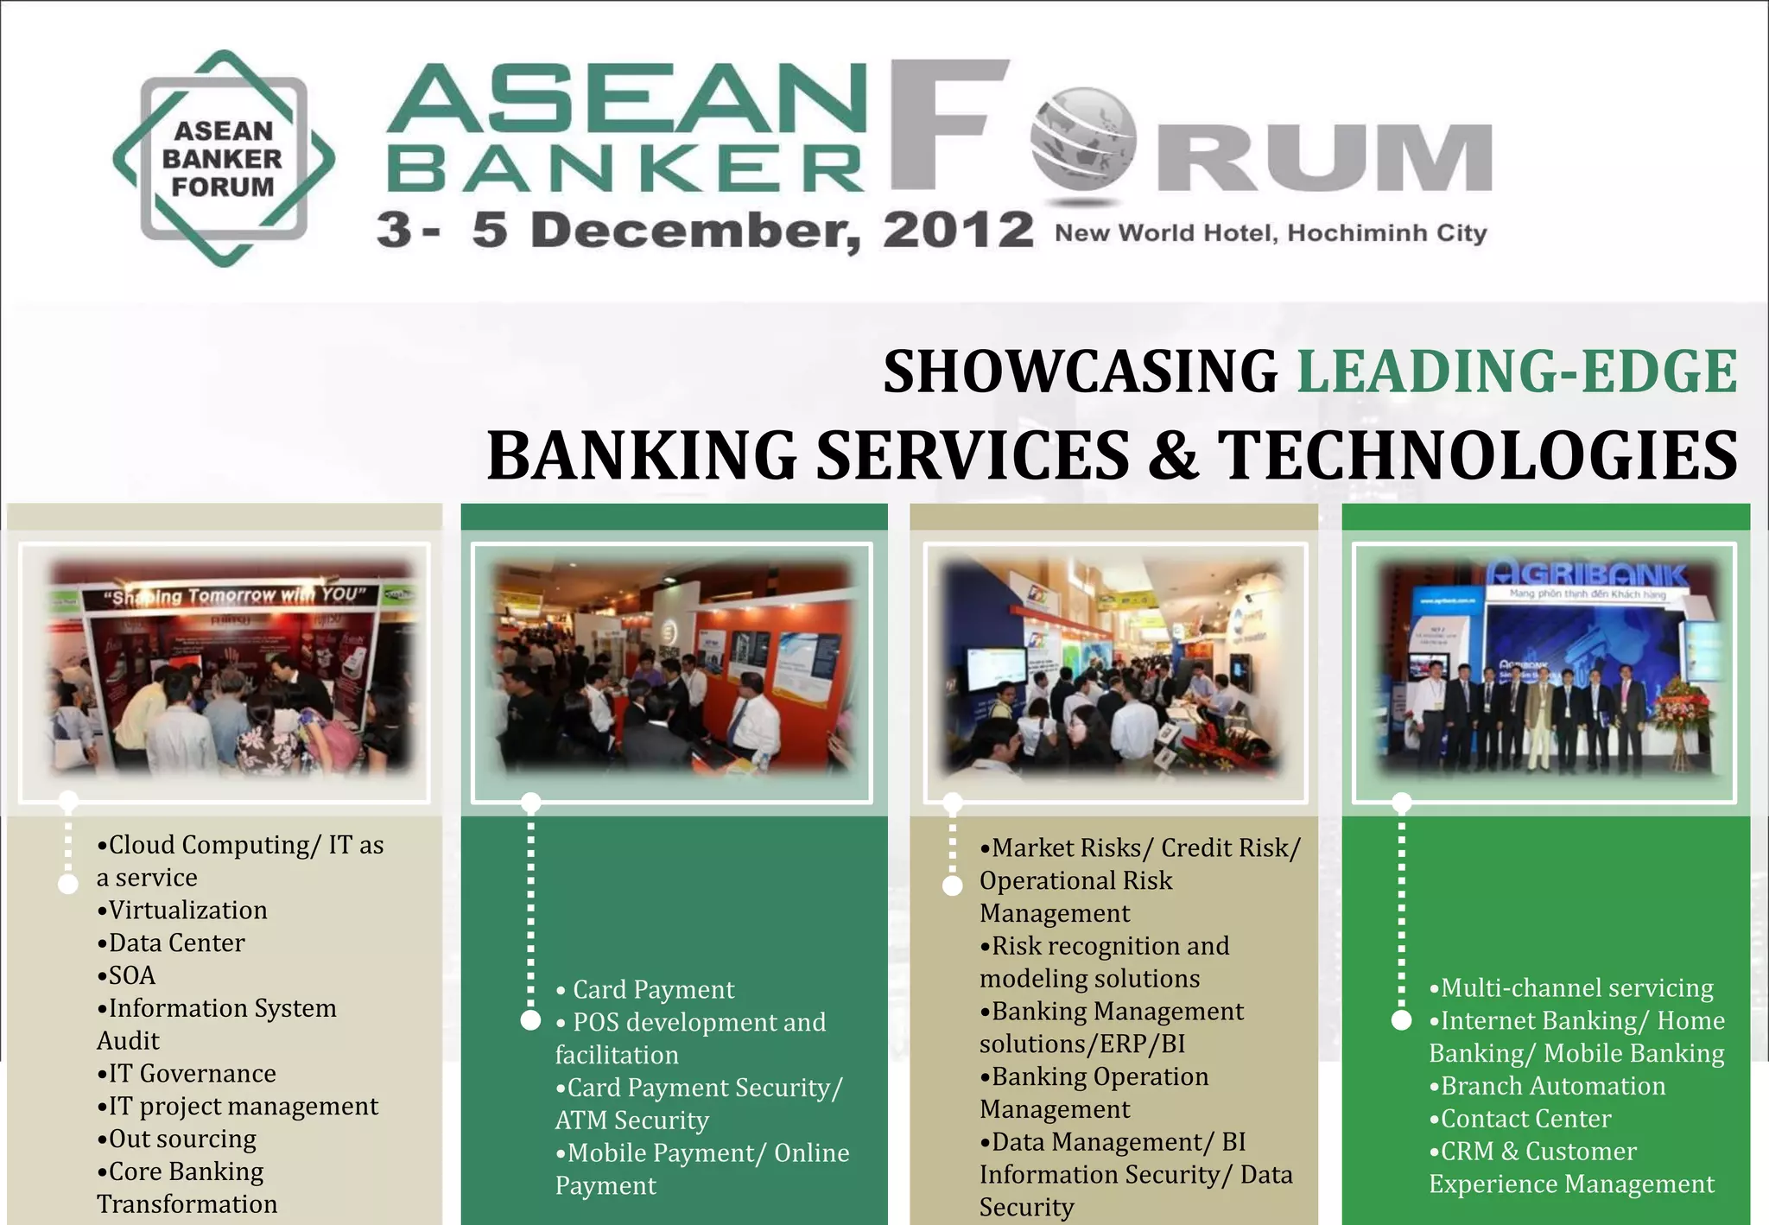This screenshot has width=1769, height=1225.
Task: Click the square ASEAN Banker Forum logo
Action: click(x=224, y=158)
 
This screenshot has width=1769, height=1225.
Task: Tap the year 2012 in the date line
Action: click(x=957, y=231)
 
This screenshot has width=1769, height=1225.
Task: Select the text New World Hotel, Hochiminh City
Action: click(x=1271, y=233)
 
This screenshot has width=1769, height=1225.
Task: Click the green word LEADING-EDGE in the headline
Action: click(x=1517, y=371)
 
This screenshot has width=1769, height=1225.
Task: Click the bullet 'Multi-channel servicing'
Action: click(x=1576, y=988)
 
